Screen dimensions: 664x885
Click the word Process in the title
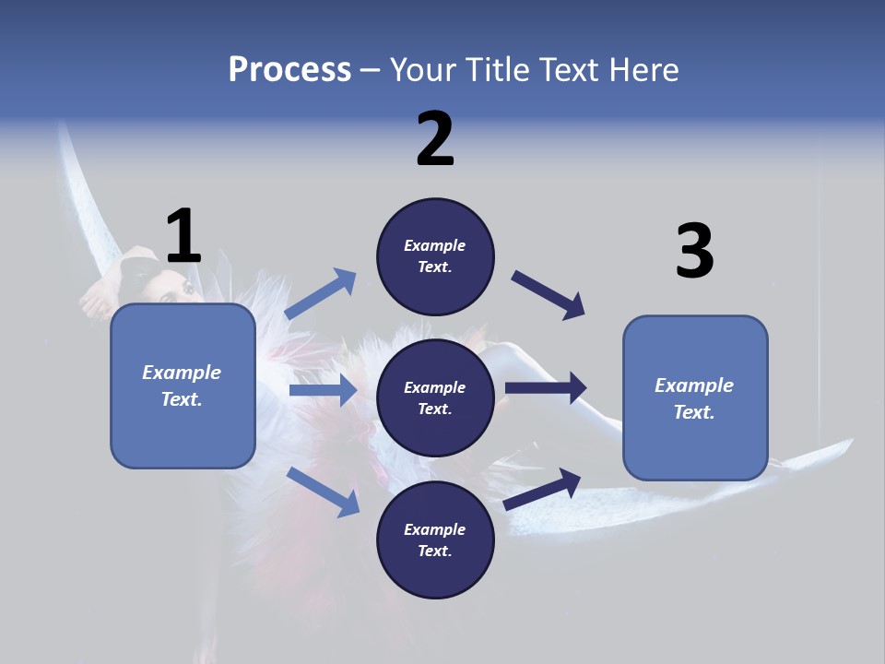tap(289, 70)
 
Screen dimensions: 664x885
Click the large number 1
tap(183, 236)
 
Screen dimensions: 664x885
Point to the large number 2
tap(435, 139)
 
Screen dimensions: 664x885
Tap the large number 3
tap(694, 251)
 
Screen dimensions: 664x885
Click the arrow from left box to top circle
tap(321, 294)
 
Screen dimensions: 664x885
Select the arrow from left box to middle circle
tap(323, 390)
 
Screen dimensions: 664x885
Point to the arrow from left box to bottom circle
tap(323, 492)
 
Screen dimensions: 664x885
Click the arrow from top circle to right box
tap(549, 295)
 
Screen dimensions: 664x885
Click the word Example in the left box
tap(182, 373)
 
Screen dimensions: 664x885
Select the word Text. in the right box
tap(694, 412)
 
